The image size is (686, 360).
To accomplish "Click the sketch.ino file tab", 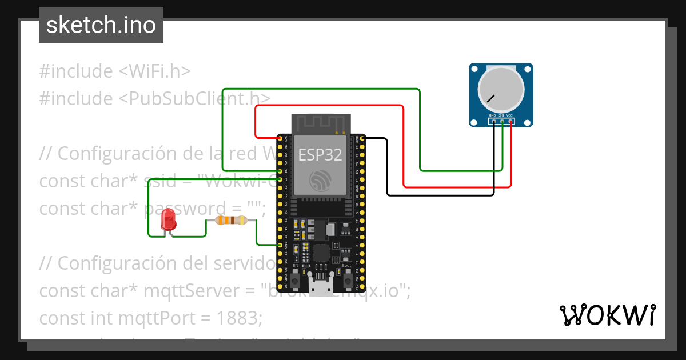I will (x=101, y=25).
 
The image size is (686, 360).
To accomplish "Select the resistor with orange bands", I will (x=230, y=221).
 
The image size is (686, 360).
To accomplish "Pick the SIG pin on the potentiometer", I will (x=502, y=121).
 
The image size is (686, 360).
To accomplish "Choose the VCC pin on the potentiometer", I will (x=510, y=121).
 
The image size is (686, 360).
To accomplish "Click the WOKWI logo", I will (x=607, y=315).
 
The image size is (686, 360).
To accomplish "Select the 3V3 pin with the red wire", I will (x=280, y=138).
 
